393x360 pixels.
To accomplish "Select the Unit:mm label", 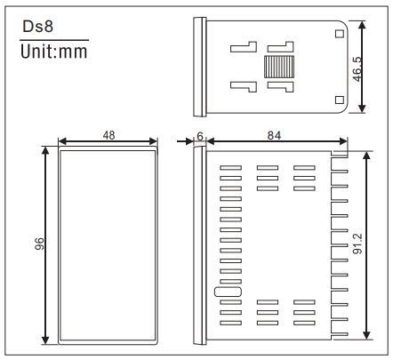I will click(x=53, y=52).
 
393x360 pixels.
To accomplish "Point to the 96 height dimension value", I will click(x=39, y=244).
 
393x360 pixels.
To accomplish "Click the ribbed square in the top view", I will click(x=279, y=66).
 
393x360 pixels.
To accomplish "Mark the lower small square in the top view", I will click(x=338, y=99).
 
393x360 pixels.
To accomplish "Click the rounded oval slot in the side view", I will click(x=227, y=291).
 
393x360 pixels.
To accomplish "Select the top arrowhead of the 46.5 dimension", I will click(x=362, y=23).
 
